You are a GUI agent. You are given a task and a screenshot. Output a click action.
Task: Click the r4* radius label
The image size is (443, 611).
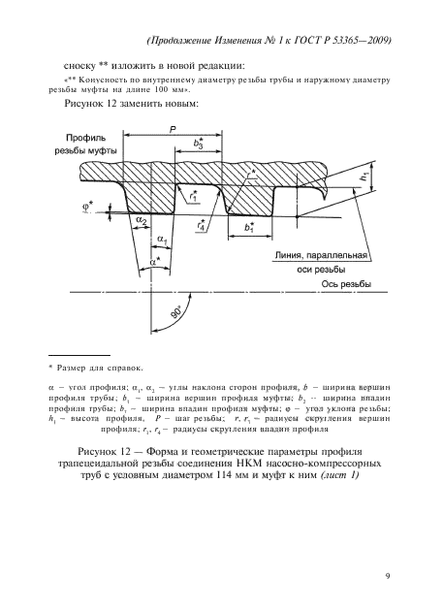[201, 227]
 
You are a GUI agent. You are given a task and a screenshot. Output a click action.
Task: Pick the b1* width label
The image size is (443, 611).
[251, 229]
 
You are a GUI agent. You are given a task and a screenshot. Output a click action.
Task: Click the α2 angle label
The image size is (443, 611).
[142, 222]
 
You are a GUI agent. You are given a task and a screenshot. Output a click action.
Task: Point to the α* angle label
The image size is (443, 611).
[154, 260]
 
